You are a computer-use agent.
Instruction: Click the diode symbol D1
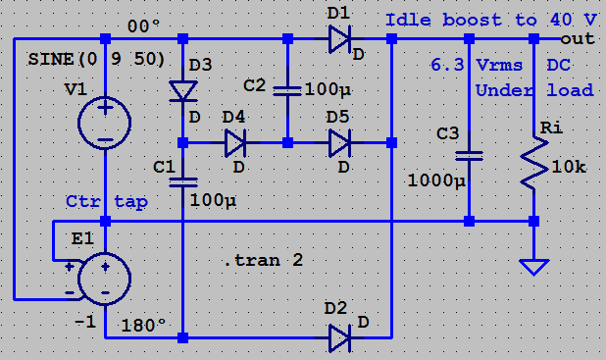pos(339,38)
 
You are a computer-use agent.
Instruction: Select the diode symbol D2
pos(339,338)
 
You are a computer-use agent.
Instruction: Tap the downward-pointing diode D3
pos(182,91)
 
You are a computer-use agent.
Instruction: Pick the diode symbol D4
pos(235,143)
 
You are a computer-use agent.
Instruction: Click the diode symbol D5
pos(339,143)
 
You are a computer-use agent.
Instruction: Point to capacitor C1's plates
pos(182,182)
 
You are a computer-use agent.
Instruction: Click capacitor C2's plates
pos(287,91)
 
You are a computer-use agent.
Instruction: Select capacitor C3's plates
pos(469,156)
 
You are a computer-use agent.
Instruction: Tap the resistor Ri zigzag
pos(534,163)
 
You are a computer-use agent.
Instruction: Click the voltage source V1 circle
pos(104,123)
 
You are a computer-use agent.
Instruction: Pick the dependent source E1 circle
pos(104,280)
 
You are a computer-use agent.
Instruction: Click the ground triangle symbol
pos(533,267)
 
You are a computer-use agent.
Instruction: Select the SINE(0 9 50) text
pos(97,59)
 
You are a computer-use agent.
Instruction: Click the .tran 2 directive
pos(264,260)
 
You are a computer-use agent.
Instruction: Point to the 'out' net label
pos(578,38)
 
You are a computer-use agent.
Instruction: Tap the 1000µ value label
pos(436,180)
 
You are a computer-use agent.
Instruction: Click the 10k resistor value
pos(569,167)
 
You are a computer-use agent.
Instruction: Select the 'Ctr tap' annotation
pos(107,201)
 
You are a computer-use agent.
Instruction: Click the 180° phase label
pos(143,326)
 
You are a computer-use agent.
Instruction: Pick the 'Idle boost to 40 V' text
pos(491,20)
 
